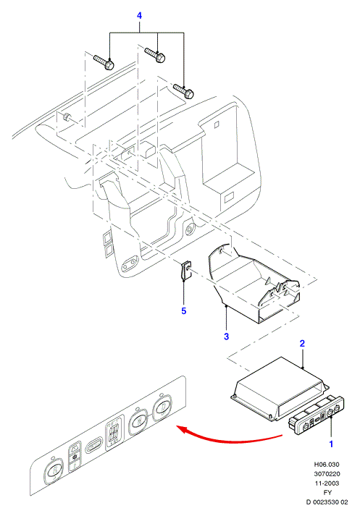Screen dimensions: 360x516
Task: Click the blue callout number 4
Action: point(139,15)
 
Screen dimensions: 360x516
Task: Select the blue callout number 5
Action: point(184,310)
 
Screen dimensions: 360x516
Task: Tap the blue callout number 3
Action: point(226,337)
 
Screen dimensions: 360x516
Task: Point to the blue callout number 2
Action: point(302,343)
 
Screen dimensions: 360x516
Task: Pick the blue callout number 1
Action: point(331,444)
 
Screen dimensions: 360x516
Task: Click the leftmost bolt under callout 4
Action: point(104,62)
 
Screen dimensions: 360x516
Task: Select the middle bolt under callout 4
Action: point(155,54)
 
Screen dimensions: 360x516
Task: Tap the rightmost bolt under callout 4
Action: point(183,91)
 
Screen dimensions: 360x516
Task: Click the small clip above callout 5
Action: point(185,271)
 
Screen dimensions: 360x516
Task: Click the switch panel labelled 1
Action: point(317,416)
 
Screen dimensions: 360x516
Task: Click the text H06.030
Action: point(327,465)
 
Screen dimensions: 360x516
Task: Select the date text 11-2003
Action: point(327,483)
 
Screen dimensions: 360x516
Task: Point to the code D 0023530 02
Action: point(327,502)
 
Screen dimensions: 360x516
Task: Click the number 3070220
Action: point(327,474)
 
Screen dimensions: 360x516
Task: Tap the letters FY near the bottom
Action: point(327,493)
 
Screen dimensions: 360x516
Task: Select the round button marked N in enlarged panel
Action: point(139,420)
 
